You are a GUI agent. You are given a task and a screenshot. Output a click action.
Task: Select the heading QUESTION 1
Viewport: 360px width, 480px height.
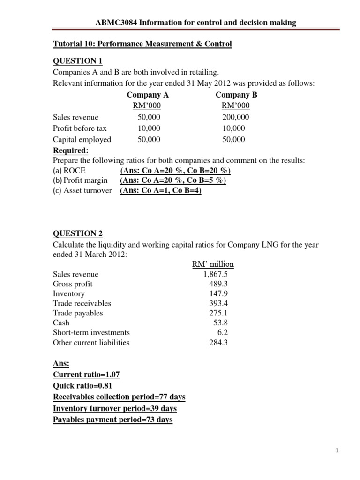[x=77, y=61]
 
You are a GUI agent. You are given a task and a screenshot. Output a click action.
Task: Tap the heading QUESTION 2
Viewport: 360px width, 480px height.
[x=77, y=233]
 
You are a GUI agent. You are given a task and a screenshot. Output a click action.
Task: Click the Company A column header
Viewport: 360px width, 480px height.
[x=148, y=95]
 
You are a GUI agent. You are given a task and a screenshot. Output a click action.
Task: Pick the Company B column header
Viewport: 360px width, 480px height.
[x=236, y=95]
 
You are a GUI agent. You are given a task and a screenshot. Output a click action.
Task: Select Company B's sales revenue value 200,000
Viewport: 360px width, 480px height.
[x=235, y=117]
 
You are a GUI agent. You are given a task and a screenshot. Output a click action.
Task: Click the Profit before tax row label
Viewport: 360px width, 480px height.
[x=80, y=128]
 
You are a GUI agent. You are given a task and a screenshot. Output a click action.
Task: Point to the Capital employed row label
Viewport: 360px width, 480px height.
[x=82, y=139]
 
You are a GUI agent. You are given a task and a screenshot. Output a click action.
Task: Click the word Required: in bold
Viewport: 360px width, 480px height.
[x=70, y=150]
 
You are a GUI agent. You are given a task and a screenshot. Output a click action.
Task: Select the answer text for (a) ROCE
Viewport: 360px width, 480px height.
[x=175, y=171]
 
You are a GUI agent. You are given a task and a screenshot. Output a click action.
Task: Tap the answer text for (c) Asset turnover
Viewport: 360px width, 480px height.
[x=161, y=190]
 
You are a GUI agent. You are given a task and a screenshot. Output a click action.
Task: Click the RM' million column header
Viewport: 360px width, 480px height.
[x=213, y=264]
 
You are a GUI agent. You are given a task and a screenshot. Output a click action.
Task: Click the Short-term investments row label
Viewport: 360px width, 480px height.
[x=91, y=332]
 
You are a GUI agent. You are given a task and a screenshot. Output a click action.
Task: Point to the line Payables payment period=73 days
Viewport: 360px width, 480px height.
[x=112, y=420]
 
